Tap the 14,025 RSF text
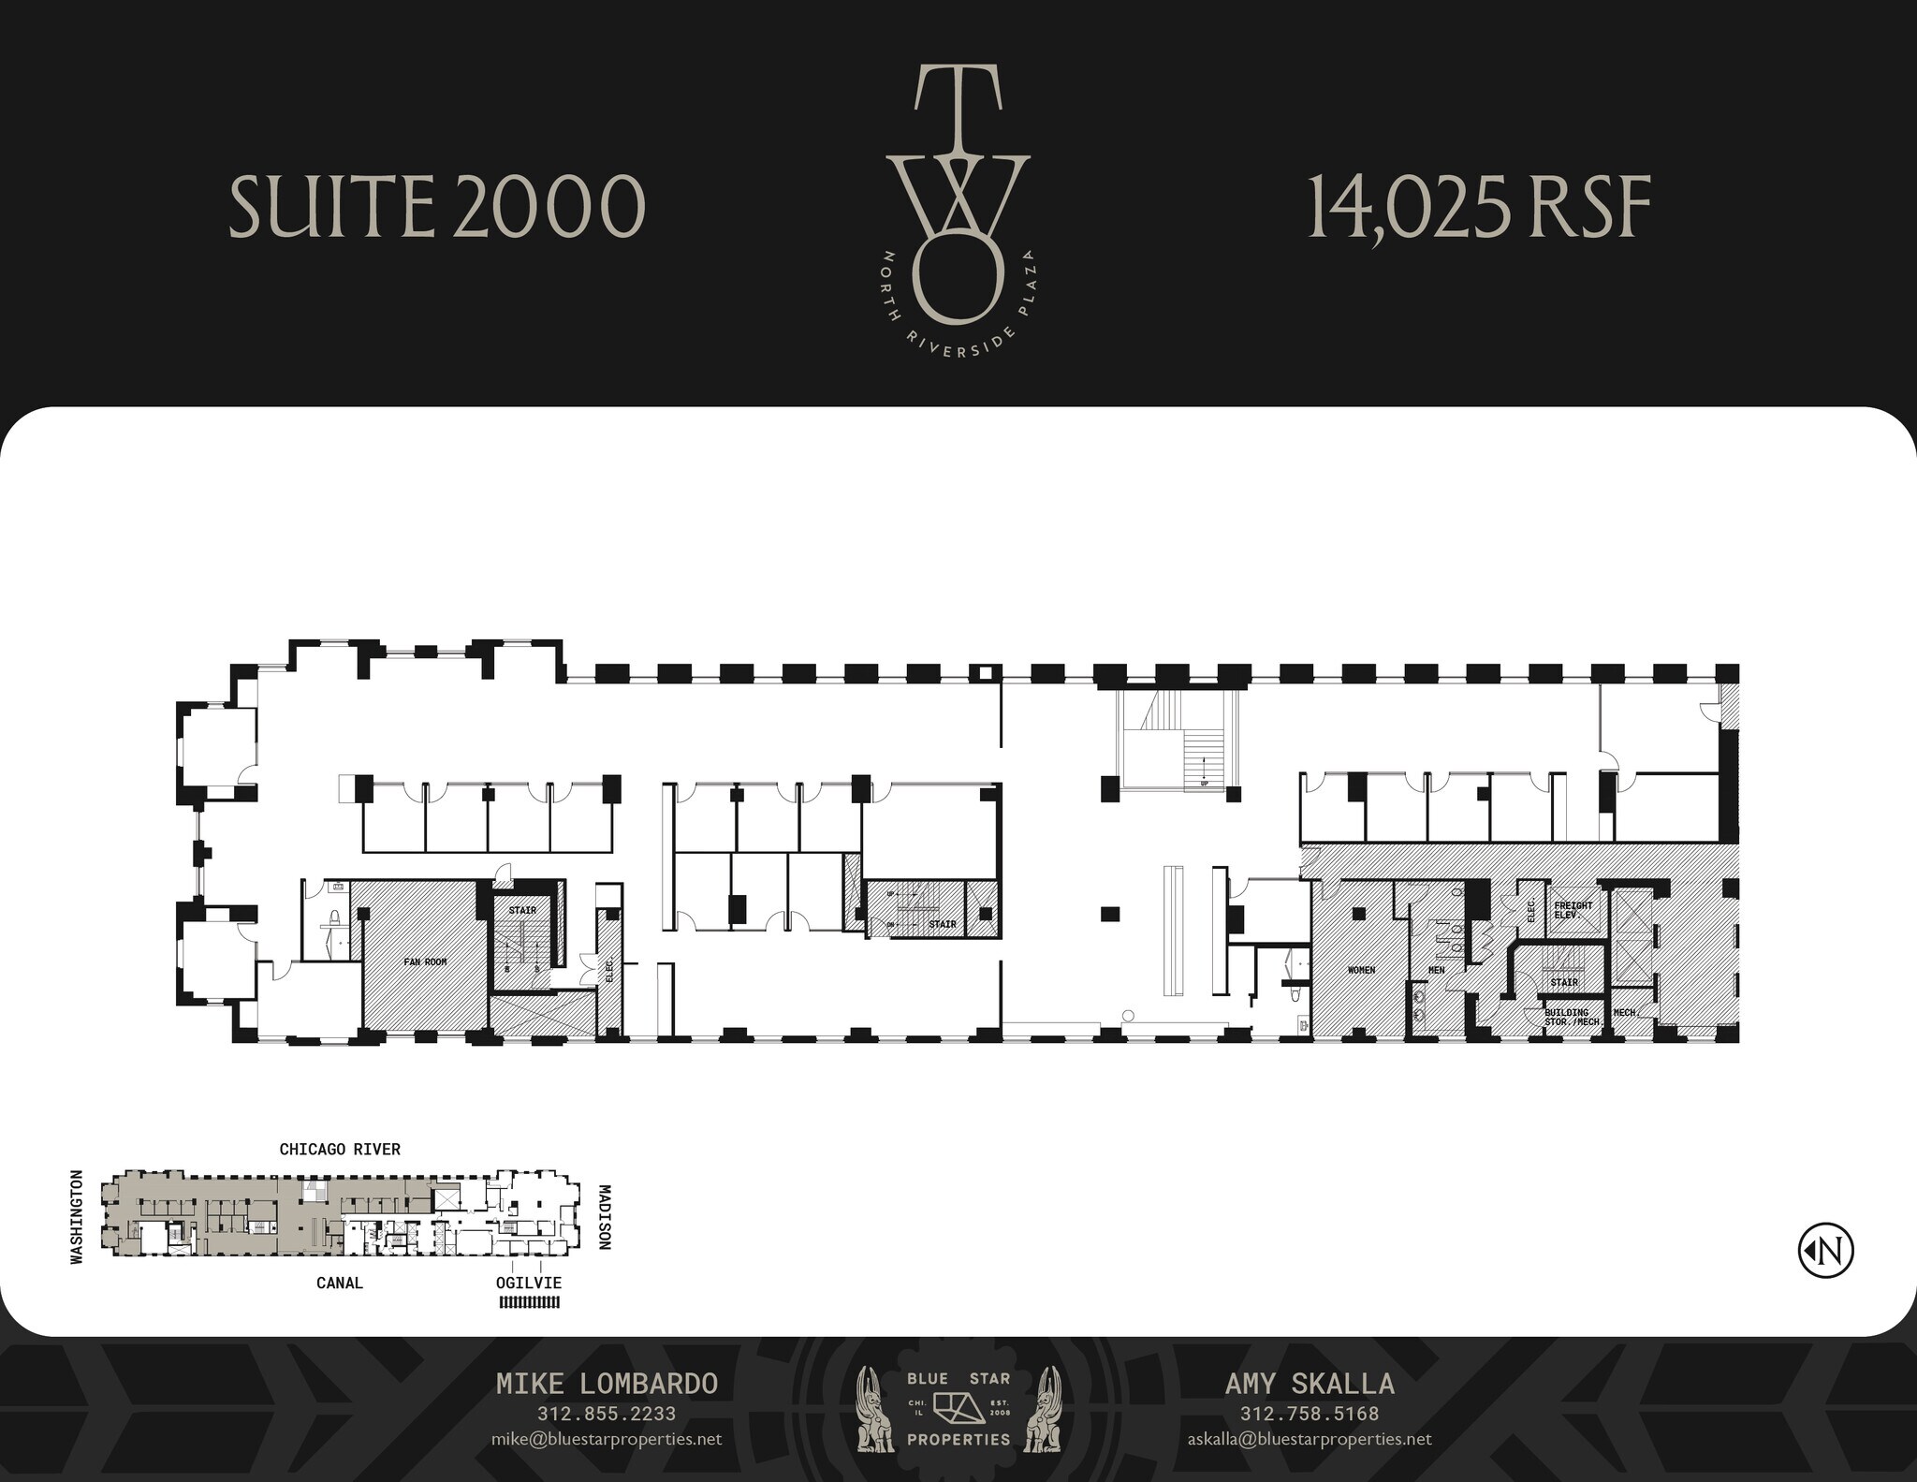1478,207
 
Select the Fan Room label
425,961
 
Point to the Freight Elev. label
1573,909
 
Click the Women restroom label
1361,970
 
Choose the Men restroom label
1436,970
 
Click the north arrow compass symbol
1825,1250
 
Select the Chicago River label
340,1149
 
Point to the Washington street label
77,1216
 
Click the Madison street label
605,1217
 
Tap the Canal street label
339,1283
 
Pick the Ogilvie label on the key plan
529,1283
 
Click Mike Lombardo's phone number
607,1414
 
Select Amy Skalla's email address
1310,1439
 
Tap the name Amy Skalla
1310,1384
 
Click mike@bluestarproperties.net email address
607,1439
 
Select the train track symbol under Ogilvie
529,1301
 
